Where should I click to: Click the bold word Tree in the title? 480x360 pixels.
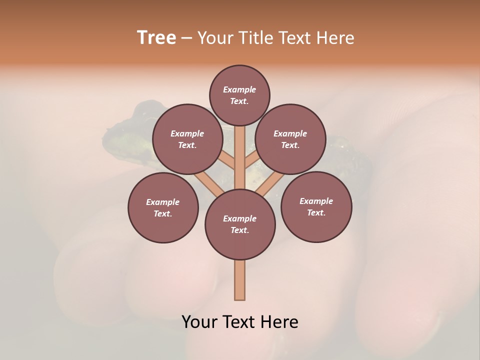click(x=156, y=38)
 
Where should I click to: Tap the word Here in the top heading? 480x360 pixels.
click(x=335, y=38)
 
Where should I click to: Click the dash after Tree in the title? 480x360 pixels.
click(x=186, y=38)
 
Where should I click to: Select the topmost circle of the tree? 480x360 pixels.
click(x=239, y=95)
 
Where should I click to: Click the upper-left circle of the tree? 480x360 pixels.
click(x=187, y=139)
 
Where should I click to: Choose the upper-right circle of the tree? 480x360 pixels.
click(x=290, y=139)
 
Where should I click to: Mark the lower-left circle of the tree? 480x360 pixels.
click(x=163, y=207)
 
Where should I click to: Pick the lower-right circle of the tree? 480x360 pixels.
click(x=316, y=206)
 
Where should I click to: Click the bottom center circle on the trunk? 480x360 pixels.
click(x=240, y=224)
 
